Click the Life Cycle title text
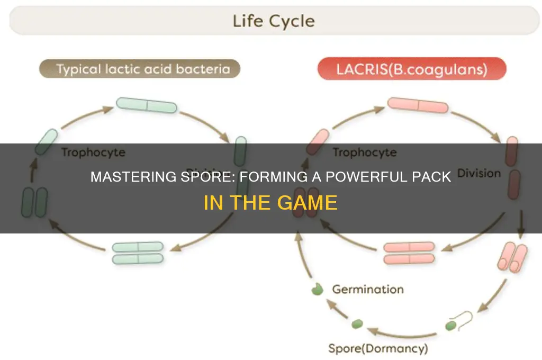[x=273, y=21]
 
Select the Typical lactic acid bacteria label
[x=139, y=69]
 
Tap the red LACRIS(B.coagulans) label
[x=411, y=69]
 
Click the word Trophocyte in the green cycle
[x=93, y=152]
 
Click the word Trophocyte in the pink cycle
[x=364, y=152]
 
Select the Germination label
[x=367, y=290]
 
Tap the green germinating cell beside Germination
[x=317, y=290]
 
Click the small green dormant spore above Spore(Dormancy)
[x=358, y=322]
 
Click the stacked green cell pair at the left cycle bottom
[x=138, y=253]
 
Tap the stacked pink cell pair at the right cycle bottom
[x=408, y=253]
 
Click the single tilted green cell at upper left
[x=46, y=142]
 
